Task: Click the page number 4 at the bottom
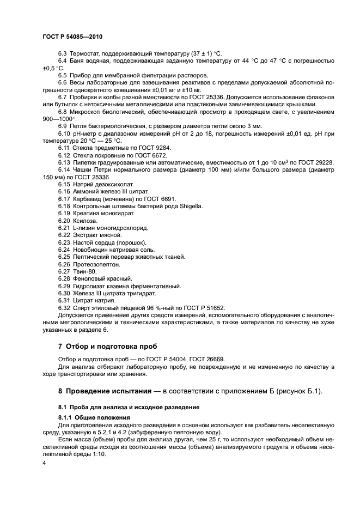coord(44,463)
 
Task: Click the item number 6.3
coord(62,53)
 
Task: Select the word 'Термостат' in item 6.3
coord(84,53)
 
